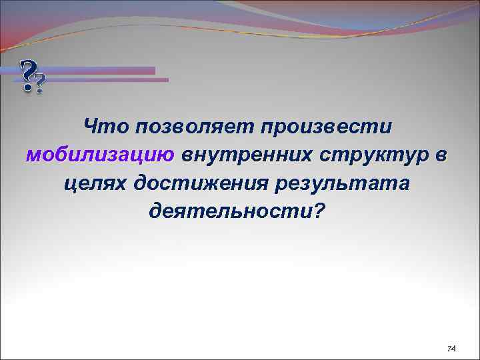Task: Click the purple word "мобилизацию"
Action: click(x=100, y=155)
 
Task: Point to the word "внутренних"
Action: click(x=247, y=155)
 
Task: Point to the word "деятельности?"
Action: click(x=238, y=212)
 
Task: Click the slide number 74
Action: click(x=451, y=349)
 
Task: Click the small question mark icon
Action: click(x=41, y=84)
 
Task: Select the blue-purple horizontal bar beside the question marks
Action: click(x=100, y=70)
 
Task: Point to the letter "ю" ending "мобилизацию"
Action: click(x=167, y=155)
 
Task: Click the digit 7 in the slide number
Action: click(x=449, y=349)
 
